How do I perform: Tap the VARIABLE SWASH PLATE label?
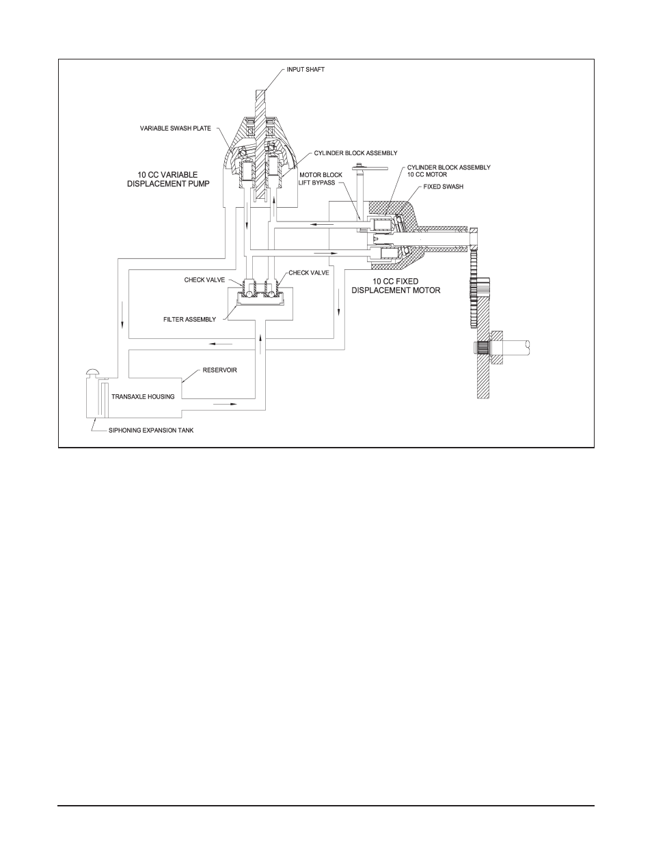pos(176,128)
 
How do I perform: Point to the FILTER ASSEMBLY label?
pos(190,319)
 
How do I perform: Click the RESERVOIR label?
pos(219,370)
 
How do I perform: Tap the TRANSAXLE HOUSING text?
pos(143,396)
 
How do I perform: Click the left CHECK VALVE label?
pos(204,280)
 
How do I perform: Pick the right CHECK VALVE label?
pos(309,273)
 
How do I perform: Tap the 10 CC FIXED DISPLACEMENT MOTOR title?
pos(396,286)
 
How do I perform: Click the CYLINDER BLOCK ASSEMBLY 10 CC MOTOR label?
pos(448,171)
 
